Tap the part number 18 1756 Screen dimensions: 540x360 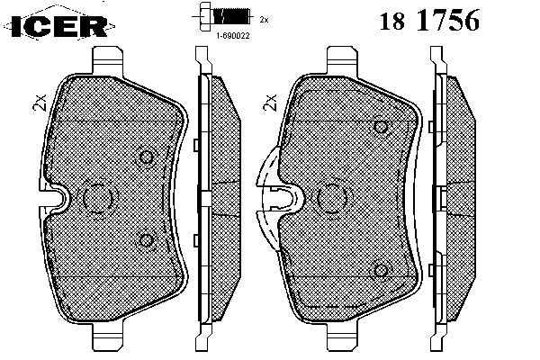click(x=429, y=20)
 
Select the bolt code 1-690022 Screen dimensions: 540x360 click(x=232, y=35)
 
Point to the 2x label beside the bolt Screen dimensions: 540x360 click(x=264, y=20)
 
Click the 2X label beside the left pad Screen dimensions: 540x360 click(x=40, y=103)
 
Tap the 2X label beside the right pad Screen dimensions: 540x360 click(x=270, y=103)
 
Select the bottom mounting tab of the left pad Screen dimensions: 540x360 click(x=107, y=337)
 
